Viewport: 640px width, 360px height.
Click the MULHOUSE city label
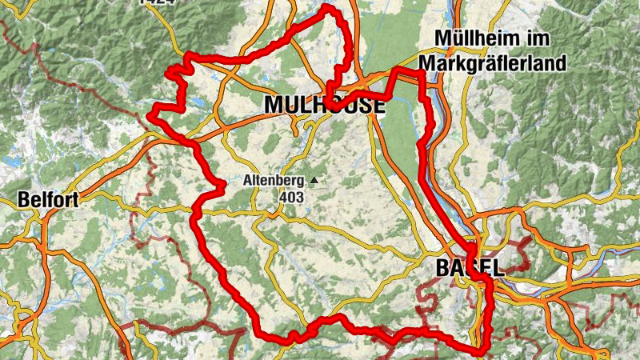click(324, 105)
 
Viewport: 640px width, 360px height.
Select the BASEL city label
click(470, 268)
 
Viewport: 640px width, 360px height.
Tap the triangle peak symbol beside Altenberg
click(314, 182)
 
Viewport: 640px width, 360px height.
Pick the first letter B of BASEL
click(442, 268)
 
